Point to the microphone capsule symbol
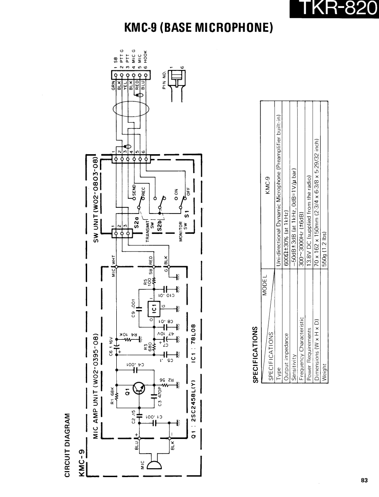(x=154, y=465)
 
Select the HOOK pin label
(x=150, y=56)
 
